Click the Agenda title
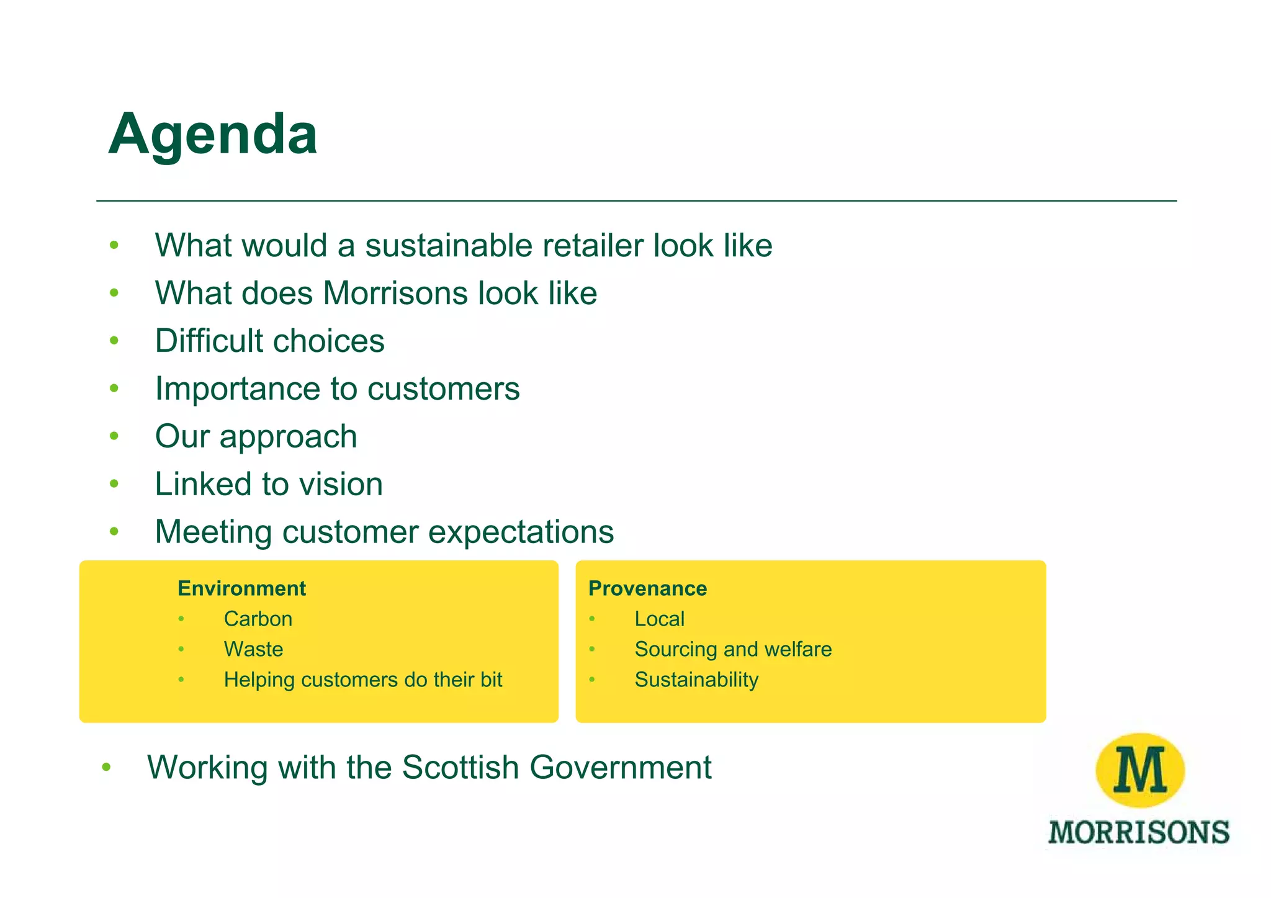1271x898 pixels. [x=213, y=134]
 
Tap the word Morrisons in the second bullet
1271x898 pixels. [x=395, y=293]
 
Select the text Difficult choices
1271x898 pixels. [x=269, y=341]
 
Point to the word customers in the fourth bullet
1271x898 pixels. [x=443, y=388]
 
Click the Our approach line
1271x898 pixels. [x=256, y=436]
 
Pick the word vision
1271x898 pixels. [x=335, y=484]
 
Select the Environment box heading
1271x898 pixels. [x=241, y=588]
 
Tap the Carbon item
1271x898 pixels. [x=258, y=619]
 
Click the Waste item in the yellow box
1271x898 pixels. [x=253, y=649]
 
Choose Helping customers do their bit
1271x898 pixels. [x=362, y=680]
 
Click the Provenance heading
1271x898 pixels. [x=647, y=588]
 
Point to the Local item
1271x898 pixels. [x=659, y=619]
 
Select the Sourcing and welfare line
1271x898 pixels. [x=733, y=649]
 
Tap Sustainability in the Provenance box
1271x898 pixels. [x=696, y=680]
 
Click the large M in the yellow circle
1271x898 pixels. [x=1140, y=770]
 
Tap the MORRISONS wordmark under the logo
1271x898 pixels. [x=1139, y=832]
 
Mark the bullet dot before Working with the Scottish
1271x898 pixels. [x=106, y=768]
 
